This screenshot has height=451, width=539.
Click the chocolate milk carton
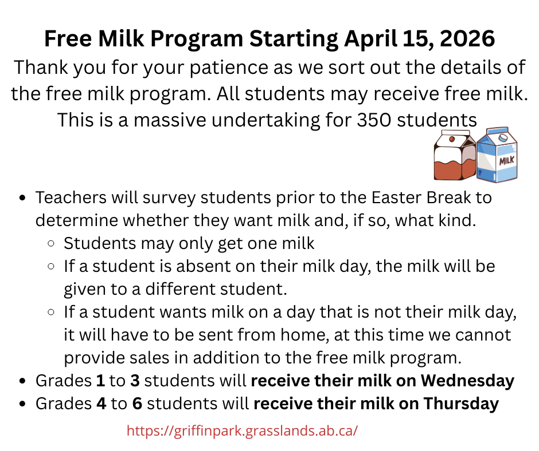[454, 156]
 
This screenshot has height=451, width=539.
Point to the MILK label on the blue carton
[507, 161]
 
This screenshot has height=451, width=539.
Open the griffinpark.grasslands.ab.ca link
[242, 430]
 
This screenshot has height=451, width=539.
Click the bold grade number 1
[101, 381]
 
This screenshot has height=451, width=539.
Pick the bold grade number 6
[137, 403]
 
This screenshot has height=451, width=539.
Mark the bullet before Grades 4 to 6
[22, 404]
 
